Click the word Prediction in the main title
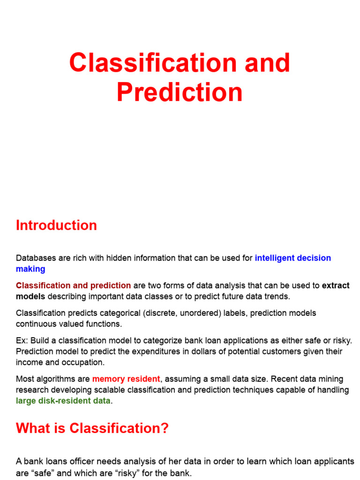click(180, 92)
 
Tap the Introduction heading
click(56, 225)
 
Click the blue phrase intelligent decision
click(292, 258)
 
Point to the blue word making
click(30, 269)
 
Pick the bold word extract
click(336, 285)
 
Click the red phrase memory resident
click(126, 379)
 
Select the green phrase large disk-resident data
click(63, 401)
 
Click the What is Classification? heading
click(92, 428)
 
